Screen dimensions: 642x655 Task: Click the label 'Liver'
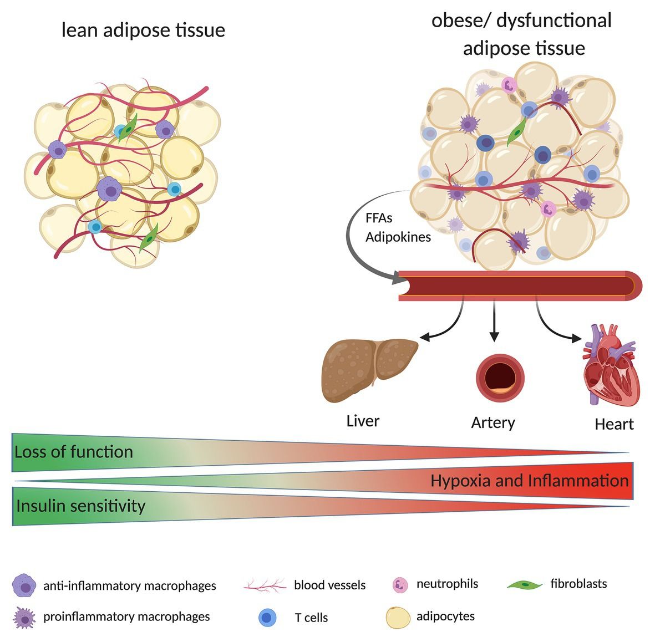[x=363, y=421]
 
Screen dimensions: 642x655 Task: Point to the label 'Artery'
[x=493, y=422]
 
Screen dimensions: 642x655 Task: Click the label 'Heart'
[x=614, y=424]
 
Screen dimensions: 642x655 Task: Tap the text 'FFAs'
[x=379, y=218]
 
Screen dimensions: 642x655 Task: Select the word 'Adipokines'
[x=398, y=237]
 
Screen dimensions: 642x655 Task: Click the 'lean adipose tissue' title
[x=143, y=29]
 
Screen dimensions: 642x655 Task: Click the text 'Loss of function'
[x=74, y=452]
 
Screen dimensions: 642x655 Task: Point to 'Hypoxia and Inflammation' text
[x=529, y=480]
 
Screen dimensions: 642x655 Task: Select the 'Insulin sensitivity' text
[x=81, y=506]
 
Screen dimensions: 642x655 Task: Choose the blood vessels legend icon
[x=265, y=585]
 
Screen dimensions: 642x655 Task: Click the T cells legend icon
[x=267, y=618]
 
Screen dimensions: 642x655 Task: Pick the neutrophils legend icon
[x=400, y=584]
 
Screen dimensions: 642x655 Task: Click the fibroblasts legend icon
[x=525, y=584]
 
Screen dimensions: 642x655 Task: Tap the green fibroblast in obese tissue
[x=517, y=135]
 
